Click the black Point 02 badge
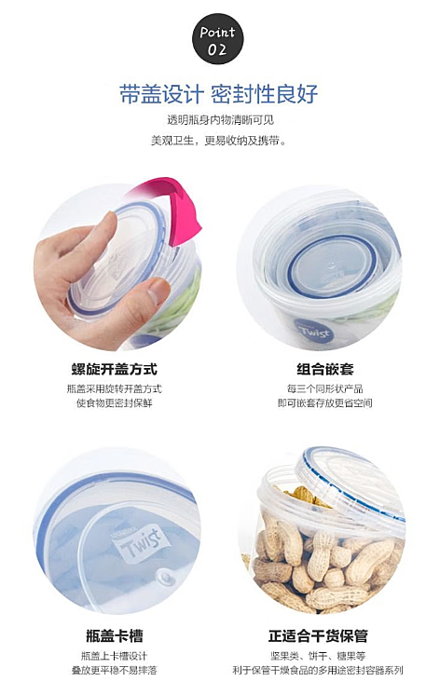click(x=218, y=38)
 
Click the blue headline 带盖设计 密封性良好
click(x=219, y=93)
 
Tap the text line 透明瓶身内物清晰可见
click(x=220, y=119)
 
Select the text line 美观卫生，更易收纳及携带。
click(x=219, y=141)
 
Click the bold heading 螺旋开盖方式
click(x=115, y=369)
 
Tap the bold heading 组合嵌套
click(x=325, y=369)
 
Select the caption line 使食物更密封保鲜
click(x=115, y=403)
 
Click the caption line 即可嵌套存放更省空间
click(x=325, y=403)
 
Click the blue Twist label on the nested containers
click(x=314, y=333)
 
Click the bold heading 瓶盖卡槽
click(x=115, y=636)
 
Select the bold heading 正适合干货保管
click(x=319, y=636)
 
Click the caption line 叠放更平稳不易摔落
click(x=115, y=670)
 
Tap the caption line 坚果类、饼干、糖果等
click(x=319, y=656)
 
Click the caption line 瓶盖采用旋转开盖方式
click(x=115, y=389)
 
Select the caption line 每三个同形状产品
click(x=325, y=389)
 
